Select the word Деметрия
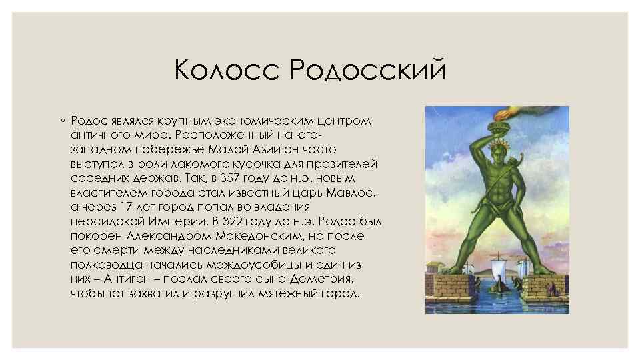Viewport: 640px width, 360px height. coord(323,279)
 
